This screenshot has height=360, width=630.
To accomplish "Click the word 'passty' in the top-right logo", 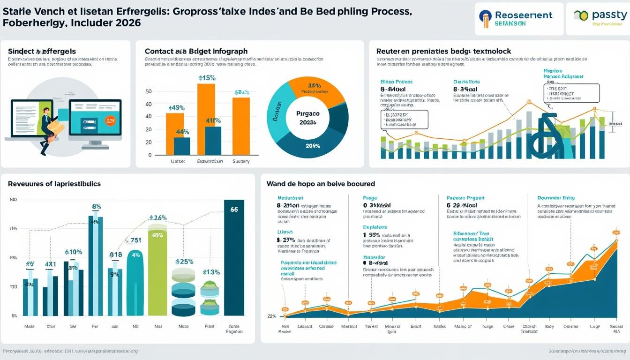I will click(607, 15).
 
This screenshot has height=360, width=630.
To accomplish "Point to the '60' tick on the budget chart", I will click(149, 91).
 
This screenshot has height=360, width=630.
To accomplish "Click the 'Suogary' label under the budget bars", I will click(241, 161).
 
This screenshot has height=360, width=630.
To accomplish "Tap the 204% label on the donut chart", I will click(313, 146).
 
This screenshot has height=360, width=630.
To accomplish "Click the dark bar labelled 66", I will click(234, 258).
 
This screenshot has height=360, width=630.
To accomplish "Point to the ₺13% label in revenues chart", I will click(211, 272).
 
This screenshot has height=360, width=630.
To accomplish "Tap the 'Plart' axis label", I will click(209, 326).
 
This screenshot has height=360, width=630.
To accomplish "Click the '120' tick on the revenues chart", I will click(13, 287).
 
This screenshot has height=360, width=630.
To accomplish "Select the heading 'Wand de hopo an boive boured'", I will click(321, 184).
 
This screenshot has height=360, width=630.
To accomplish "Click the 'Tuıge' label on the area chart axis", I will click(487, 327).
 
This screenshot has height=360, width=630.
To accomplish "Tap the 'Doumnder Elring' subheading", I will click(556, 198).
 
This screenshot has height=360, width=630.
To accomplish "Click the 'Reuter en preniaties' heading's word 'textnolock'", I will click(489, 51).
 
